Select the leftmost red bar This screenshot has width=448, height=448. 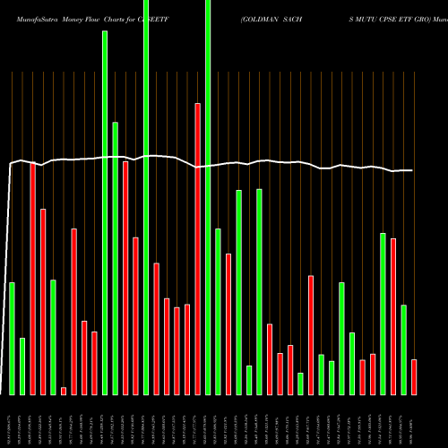pyautogui.click(x=32, y=278)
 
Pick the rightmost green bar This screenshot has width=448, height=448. pyautogui.click(x=403, y=349)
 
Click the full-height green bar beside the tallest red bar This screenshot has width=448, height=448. pyautogui.click(x=208, y=197)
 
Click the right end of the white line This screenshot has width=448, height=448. pyautogui.click(x=414, y=170)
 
